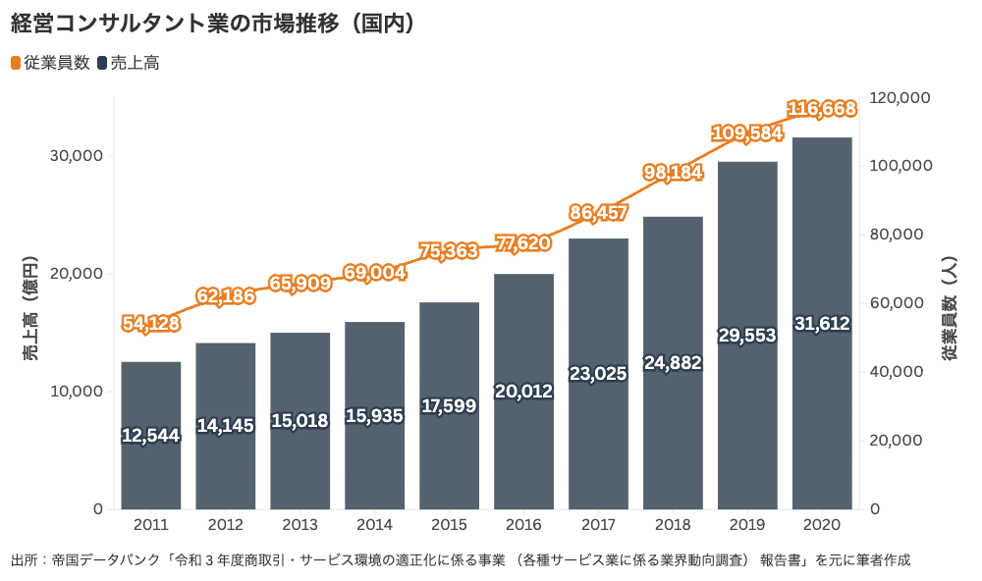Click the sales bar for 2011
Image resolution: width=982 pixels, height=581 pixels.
[151, 471]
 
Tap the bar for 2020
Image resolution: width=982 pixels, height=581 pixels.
[822, 412]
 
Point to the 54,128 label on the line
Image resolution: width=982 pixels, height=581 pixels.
[151, 323]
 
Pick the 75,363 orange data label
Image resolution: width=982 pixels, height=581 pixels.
[449, 250]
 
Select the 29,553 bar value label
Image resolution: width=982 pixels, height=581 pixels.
[747, 335]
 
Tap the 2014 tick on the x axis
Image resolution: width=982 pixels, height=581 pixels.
[374, 525]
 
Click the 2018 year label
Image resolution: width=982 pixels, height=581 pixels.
[673, 525]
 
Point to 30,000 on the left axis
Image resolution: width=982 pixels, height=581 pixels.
[77, 156]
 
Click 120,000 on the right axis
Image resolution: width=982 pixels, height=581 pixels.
[900, 97]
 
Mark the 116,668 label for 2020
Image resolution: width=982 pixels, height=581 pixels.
[822, 106]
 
